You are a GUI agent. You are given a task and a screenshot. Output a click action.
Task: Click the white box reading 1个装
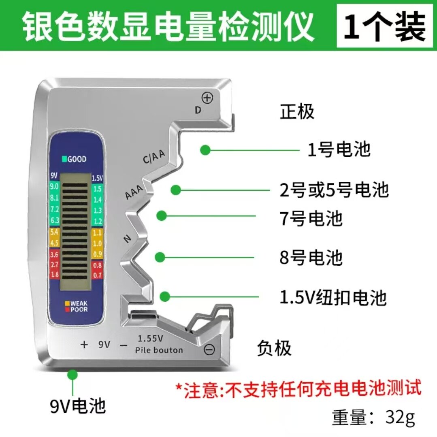(385, 26)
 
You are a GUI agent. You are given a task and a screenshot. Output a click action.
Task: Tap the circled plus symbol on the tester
(207, 98)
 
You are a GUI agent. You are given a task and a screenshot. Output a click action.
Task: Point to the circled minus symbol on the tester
(209, 349)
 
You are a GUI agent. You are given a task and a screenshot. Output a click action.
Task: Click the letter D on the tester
(198, 110)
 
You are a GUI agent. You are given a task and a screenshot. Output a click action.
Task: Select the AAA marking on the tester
(134, 191)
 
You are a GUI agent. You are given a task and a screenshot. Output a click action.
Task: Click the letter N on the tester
(127, 239)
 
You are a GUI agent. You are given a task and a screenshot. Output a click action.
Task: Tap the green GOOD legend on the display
(74, 159)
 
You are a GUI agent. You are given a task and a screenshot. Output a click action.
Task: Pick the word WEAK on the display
(79, 303)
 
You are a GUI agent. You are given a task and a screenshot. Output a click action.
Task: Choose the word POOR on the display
(79, 309)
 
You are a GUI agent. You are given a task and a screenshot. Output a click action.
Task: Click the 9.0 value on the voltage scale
(54, 186)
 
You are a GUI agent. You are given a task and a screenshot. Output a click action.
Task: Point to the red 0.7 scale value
(97, 275)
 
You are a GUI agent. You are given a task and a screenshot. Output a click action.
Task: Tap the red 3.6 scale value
(54, 254)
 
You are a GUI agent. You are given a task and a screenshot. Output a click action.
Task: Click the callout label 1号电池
(339, 149)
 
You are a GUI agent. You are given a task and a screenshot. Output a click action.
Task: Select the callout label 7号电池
(311, 218)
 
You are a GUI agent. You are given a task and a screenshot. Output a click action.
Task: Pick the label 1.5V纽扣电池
(333, 297)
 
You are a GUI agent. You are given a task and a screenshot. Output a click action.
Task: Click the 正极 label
(297, 111)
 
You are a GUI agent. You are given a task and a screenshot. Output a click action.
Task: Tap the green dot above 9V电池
(72, 374)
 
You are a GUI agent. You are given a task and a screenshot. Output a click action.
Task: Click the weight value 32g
(400, 417)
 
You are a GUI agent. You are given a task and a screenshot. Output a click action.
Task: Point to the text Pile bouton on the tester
(159, 350)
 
